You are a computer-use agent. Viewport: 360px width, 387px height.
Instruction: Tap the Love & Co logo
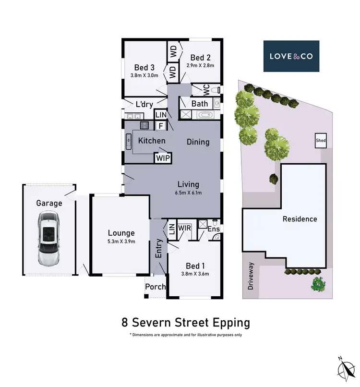pos(291,56)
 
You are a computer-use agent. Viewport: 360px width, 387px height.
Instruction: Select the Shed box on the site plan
pos(321,140)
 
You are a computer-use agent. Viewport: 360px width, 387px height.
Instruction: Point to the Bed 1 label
pos(195,266)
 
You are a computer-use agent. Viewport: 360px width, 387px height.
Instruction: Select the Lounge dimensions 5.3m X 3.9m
pos(121,242)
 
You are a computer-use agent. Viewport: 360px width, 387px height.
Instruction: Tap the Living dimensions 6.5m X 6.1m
pos(188,193)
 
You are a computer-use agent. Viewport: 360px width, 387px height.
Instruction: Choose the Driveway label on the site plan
pos(251,278)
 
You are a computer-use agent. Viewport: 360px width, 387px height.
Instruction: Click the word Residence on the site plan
pos(300,219)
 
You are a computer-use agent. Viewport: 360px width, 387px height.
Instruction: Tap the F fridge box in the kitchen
pos(161,125)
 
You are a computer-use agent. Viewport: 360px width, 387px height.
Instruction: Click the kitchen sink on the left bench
pos(129,141)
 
